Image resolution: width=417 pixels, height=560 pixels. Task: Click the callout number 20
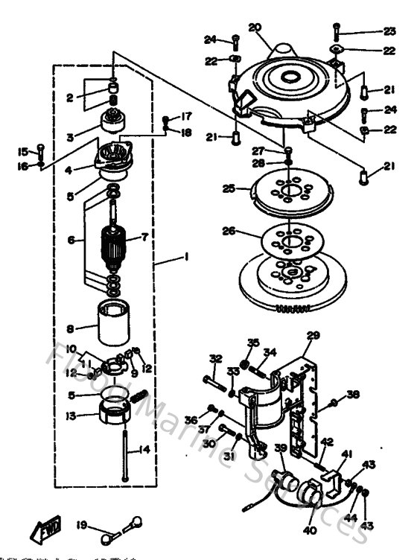click(255, 28)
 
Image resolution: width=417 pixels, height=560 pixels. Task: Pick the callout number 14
click(145, 449)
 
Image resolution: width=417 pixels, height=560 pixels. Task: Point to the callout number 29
click(313, 335)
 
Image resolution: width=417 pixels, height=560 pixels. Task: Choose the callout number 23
click(390, 31)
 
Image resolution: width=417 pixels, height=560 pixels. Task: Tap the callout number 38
click(353, 395)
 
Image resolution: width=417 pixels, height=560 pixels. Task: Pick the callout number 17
click(185, 116)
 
